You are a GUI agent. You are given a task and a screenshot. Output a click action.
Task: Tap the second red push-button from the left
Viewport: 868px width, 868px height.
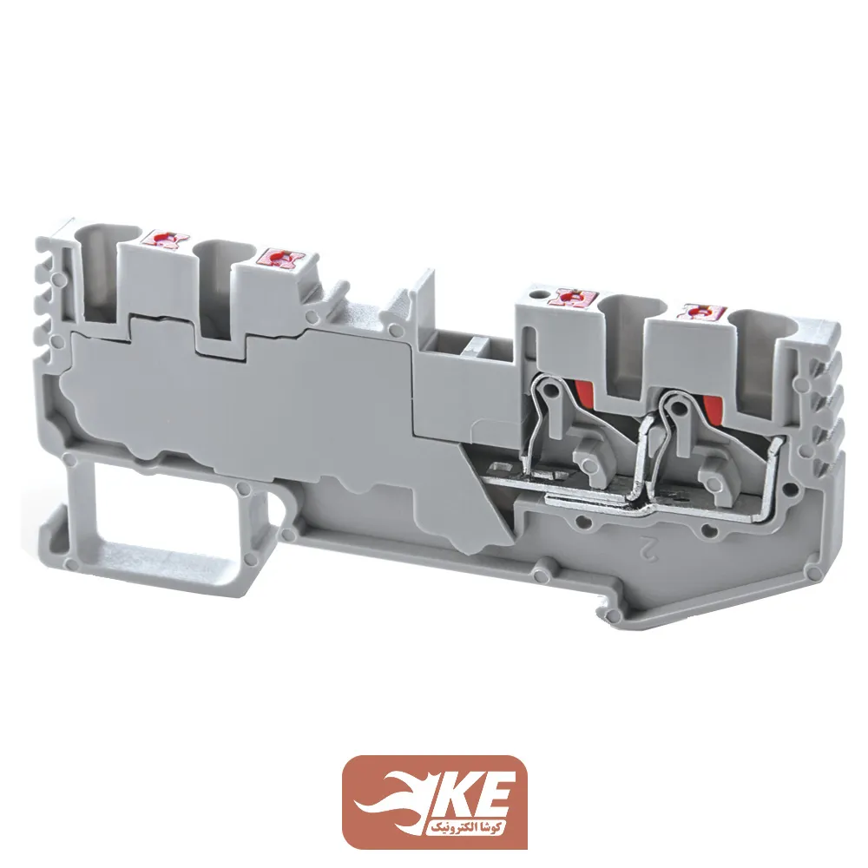point(280,258)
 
